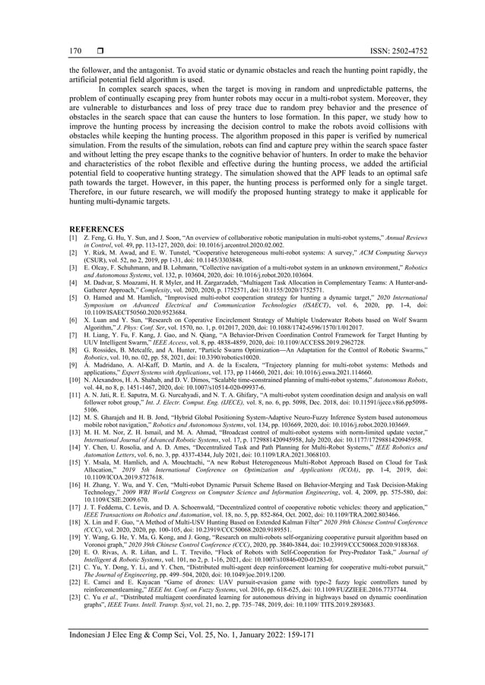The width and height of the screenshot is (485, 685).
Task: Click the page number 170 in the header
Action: (x=75, y=50)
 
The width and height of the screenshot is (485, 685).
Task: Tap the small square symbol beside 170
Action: (x=100, y=50)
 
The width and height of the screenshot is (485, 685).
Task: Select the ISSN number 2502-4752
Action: (x=395, y=50)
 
